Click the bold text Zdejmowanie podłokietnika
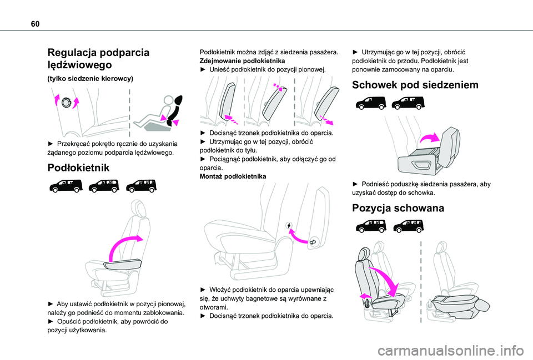point(242,60)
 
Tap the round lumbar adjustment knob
point(67,103)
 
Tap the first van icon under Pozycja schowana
point(370,226)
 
